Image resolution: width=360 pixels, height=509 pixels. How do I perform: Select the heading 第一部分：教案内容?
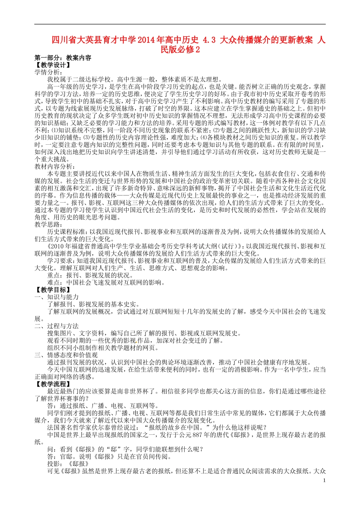[63, 58]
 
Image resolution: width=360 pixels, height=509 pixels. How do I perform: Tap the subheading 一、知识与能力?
[57, 297]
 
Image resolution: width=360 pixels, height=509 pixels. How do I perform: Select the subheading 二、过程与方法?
[57, 326]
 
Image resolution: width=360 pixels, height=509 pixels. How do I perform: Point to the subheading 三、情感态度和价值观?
[66, 355]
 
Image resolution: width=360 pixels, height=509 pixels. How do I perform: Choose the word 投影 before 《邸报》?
[53, 464]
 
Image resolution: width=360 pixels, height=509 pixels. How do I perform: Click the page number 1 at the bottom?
[324, 480]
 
